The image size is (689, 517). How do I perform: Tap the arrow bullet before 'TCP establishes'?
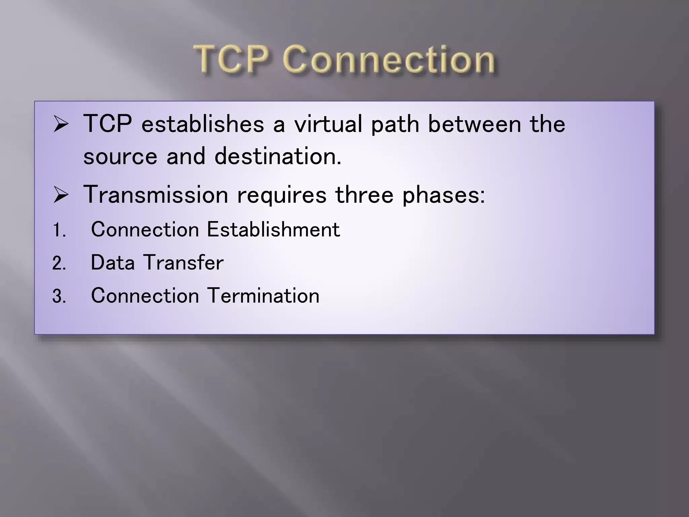[x=61, y=125]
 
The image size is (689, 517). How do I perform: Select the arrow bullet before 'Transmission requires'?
[x=61, y=196]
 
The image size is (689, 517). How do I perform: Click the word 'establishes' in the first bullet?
[x=203, y=124]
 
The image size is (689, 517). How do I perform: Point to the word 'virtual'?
[x=328, y=124]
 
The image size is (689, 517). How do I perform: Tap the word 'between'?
[x=474, y=124]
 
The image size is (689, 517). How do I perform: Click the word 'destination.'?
[x=278, y=157]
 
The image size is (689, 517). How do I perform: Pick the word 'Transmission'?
[x=156, y=195]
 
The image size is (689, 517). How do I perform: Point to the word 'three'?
[x=364, y=195]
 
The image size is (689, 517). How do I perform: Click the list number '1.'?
[x=59, y=231]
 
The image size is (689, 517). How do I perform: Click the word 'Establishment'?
[x=273, y=230]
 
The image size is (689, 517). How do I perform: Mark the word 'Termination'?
[x=263, y=296]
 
